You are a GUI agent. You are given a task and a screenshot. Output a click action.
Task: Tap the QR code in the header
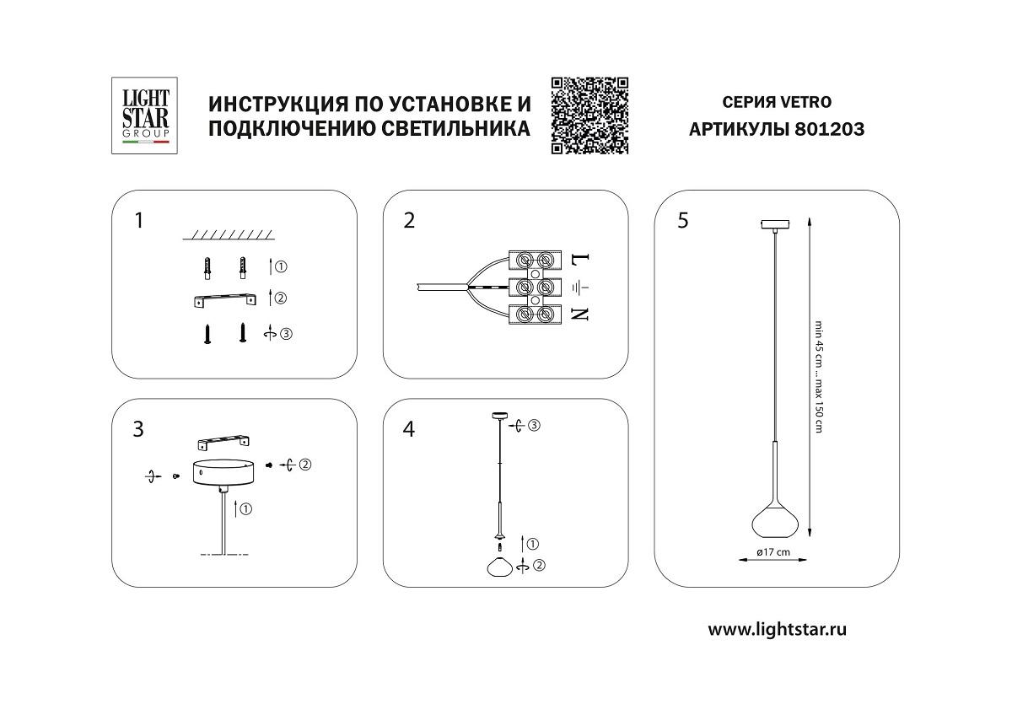click(x=590, y=116)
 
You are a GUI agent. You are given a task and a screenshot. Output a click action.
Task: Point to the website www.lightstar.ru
click(x=777, y=629)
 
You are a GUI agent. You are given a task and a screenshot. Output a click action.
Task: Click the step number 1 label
click(x=138, y=221)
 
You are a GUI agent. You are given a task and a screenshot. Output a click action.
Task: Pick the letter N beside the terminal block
click(x=579, y=314)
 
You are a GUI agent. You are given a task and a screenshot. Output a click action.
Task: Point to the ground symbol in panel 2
click(x=580, y=287)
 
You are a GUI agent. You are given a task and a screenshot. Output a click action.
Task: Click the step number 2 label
click(x=410, y=221)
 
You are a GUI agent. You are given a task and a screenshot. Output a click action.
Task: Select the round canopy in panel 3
click(x=223, y=473)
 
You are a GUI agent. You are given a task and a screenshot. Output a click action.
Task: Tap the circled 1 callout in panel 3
click(x=245, y=509)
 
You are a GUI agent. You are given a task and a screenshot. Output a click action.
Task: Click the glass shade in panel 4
click(x=500, y=566)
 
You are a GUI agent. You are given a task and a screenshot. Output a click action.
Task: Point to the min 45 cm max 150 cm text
click(x=817, y=377)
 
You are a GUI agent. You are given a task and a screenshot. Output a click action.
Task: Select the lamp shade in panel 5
click(x=772, y=519)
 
